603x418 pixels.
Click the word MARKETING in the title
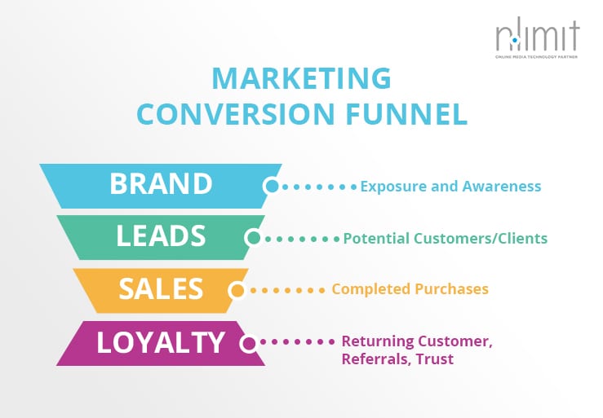coord(302,78)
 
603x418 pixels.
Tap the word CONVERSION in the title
coord(236,113)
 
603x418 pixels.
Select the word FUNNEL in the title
coord(406,113)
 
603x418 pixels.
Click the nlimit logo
coord(537,37)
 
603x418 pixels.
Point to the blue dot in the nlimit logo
coord(515,40)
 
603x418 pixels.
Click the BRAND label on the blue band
coord(161,183)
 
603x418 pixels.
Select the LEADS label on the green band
coord(161,235)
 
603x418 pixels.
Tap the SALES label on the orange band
coord(161,288)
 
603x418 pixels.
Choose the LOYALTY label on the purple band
coord(161,342)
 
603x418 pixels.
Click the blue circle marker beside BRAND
coord(272,187)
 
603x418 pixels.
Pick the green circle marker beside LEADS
coord(253,238)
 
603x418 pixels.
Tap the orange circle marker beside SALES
coord(237,290)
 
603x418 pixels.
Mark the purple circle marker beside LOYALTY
coord(249,343)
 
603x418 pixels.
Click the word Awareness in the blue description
coord(502,186)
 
